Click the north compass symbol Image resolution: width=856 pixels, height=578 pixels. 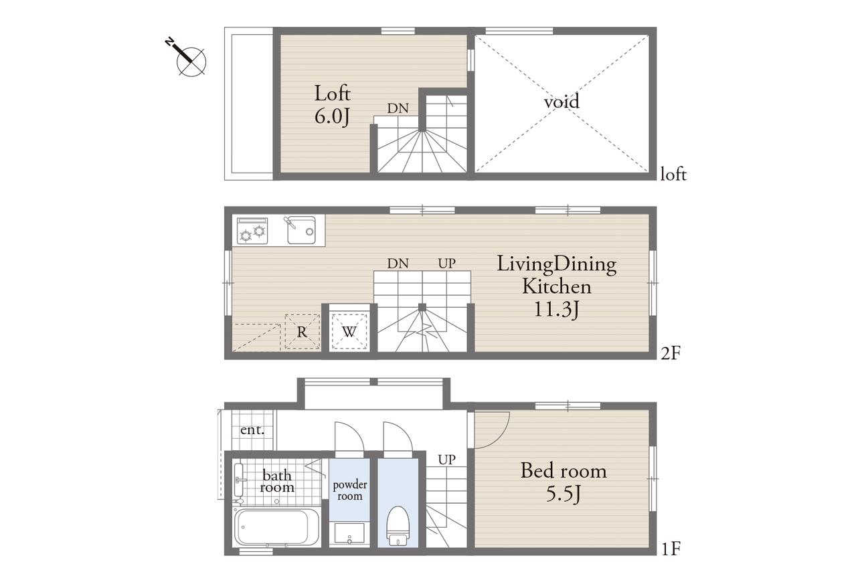(190, 60)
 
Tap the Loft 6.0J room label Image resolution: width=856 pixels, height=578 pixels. (332, 104)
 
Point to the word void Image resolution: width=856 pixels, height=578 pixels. (562, 101)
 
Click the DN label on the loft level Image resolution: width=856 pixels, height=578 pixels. (398, 108)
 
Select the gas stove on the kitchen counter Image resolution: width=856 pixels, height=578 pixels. (252, 231)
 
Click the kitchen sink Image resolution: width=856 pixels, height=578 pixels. (301, 230)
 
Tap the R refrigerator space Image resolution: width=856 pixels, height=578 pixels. (302, 332)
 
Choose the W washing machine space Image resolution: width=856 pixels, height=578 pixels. (349, 332)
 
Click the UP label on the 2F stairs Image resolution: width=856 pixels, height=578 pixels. (446, 263)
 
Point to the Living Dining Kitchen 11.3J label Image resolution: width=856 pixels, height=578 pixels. (556, 286)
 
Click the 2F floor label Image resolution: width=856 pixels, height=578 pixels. (671, 353)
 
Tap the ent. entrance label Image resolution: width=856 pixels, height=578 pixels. (252, 429)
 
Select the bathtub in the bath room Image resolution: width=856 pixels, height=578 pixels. (276, 526)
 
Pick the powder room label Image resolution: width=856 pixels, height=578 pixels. (349, 490)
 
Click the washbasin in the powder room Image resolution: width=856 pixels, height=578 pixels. (349, 533)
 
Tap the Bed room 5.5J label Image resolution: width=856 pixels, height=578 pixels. (564, 482)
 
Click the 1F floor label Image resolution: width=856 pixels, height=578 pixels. (671, 549)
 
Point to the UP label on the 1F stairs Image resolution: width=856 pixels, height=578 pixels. (446, 460)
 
